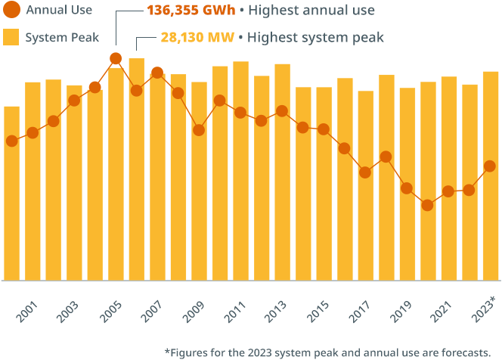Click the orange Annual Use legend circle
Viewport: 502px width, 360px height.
coord(12,11)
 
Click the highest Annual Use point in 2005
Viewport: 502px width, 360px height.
coord(116,58)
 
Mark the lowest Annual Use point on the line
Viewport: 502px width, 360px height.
coord(427,205)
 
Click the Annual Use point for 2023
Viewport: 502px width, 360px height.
coord(490,166)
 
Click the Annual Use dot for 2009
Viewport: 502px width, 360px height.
coord(199,130)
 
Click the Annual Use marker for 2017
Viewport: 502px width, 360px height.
coord(365,172)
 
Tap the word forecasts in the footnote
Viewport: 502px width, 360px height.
coord(463,352)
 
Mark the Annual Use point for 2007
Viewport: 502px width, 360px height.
coord(157,73)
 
